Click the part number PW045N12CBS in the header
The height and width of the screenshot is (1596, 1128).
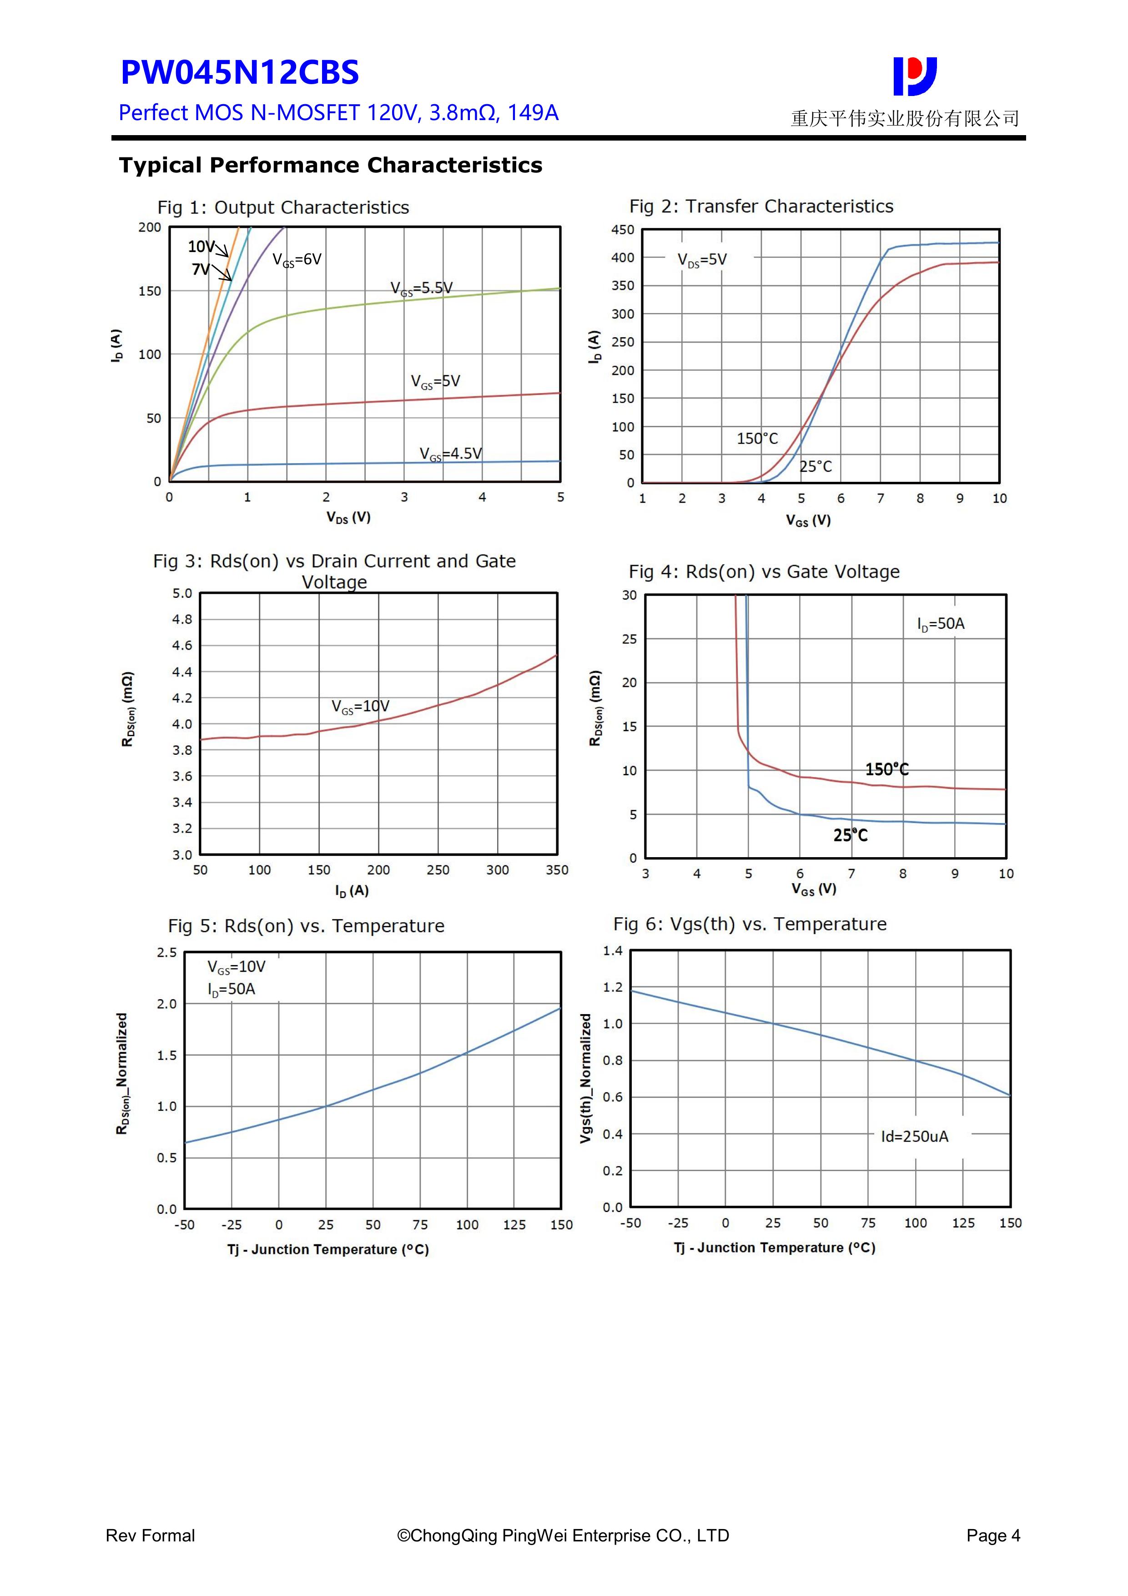pos(240,72)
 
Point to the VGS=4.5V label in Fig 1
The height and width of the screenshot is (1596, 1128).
pos(450,454)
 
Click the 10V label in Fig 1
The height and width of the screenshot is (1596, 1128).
pos(201,246)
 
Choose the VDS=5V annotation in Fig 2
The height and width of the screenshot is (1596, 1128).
pos(702,260)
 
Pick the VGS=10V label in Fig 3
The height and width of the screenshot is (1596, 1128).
pos(360,707)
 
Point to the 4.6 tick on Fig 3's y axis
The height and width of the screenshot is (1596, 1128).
pos(182,646)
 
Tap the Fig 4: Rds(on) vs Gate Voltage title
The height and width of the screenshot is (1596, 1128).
pos(764,571)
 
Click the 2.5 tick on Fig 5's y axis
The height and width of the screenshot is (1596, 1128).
pos(167,952)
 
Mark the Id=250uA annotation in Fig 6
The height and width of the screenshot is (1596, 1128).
pos(915,1136)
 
